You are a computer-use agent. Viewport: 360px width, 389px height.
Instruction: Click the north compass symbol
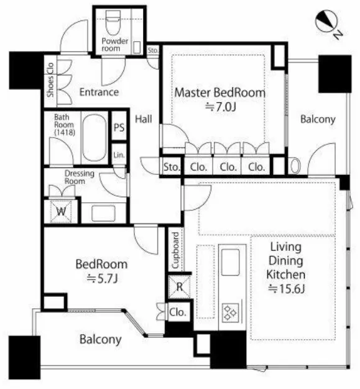pyautogui.click(x=328, y=23)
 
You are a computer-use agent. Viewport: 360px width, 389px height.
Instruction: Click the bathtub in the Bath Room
pyautogui.click(x=95, y=137)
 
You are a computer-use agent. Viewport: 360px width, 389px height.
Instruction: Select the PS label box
pyautogui.click(x=119, y=127)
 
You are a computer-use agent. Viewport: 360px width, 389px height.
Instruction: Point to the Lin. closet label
pyautogui.click(x=119, y=155)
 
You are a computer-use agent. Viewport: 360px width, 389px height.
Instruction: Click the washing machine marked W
pyautogui.click(x=61, y=212)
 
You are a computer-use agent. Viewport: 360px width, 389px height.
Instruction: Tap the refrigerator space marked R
pyautogui.click(x=180, y=287)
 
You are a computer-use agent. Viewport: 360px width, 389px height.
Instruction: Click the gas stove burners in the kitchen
pyautogui.click(x=230, y=313)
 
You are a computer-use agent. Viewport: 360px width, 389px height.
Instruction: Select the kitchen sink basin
pyautogui.click(x=231, y=262)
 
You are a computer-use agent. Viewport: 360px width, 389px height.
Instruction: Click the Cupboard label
pyautogui.click(x=175, y=251)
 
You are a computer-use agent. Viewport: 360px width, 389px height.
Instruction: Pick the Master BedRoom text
pyautogui.click(x=220, y=92)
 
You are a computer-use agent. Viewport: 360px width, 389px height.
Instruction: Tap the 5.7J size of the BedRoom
pyautogui.click(x=102, y=279)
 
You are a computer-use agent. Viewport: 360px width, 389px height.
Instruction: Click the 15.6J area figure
pyautogui.click(x=287, y=289)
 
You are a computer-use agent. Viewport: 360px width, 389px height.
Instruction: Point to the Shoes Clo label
pyautogui.click(x=50, y=80)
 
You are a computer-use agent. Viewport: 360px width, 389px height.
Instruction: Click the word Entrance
pyautogui.click(x=99, y=92)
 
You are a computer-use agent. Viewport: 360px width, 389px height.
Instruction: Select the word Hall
pyautogui.click(x=144, y=120)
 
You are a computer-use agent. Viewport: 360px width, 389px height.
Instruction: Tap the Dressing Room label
pyautogui.click(x=80, y=177)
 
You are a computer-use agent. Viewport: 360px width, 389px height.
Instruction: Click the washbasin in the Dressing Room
pyautogui.click(x=103, y=213)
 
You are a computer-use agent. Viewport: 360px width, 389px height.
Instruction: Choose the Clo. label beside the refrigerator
pyautogui.click(x=178, y=312)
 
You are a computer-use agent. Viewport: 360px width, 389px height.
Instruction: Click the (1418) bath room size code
pyautogui.click(x=65, y=133)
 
